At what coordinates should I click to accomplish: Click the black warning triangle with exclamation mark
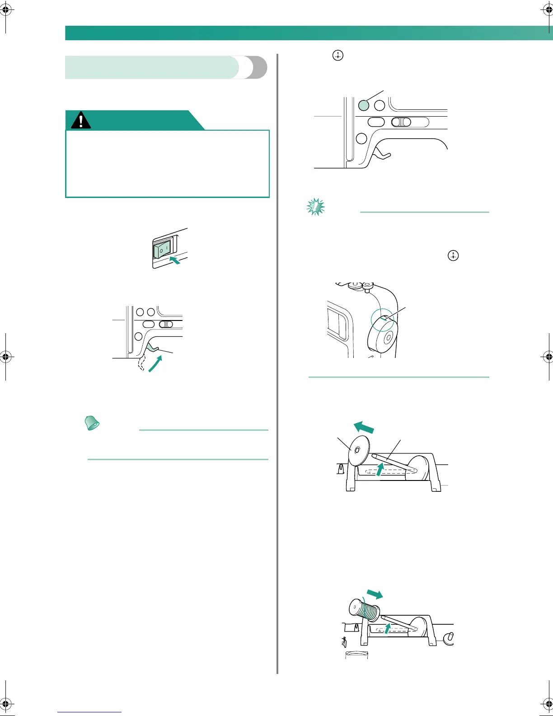[x=81, y=121]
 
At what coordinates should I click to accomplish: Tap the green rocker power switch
[x=161, y=250]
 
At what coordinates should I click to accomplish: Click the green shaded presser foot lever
[x=152, y=347]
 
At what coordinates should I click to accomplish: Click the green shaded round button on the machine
[x=363, y=105]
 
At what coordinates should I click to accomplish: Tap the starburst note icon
[x=315, y=207]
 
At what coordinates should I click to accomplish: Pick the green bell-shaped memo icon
[x=92, y=423]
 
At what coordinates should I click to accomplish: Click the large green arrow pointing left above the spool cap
[x=364, y=427]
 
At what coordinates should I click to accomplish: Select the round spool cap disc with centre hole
[x=356, y=450]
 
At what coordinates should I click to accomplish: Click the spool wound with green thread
[x=365, y=610]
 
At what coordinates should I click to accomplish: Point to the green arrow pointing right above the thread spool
[x=375, y=594]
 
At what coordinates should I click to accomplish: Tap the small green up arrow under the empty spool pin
[x=380, y=470]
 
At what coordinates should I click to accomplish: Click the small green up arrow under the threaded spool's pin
[x=387, y=628]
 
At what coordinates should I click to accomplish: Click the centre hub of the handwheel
[x=387, y=337]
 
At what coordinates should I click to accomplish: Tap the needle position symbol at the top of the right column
[x=338, y=56]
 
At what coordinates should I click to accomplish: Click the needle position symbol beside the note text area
[x=453, y=255]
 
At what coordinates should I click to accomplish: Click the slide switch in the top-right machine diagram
[x=401, y=122]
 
